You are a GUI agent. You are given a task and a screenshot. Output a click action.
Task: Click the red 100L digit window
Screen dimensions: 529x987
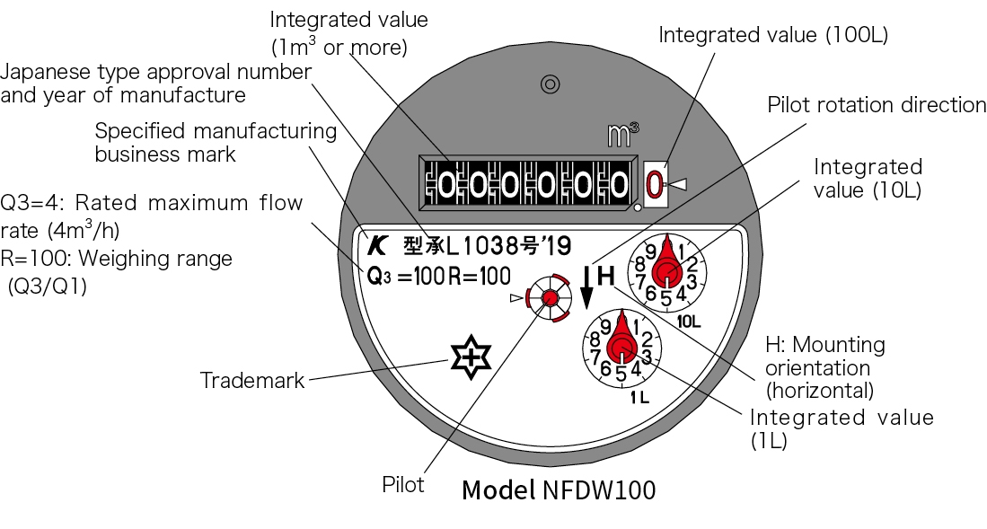654,185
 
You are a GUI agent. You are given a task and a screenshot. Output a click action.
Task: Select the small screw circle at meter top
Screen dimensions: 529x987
549,84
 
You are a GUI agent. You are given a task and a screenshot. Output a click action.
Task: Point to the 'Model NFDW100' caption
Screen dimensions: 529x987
558,490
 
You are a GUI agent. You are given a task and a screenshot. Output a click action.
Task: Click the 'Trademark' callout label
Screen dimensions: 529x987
252,381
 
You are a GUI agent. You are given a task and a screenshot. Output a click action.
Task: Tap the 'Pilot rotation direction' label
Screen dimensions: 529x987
876,105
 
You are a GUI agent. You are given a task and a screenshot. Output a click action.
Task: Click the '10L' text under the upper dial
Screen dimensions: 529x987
689,321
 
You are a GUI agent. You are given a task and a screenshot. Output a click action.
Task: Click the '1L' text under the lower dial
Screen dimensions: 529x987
639,396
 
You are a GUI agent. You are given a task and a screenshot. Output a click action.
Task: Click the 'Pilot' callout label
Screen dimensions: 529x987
403,485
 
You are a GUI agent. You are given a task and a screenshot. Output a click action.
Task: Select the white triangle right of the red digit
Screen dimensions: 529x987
679,185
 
